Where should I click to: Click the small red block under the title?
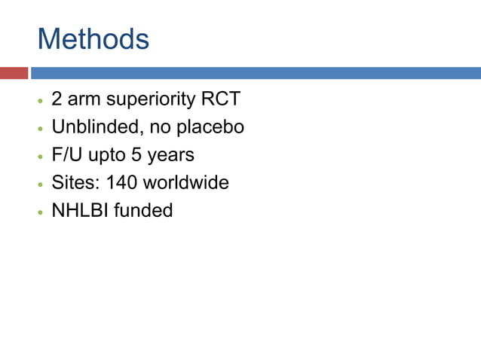tap(14, 73)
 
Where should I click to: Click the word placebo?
tap(210, 128)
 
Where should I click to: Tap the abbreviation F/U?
tap(66, 155)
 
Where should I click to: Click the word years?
tap(171, 156)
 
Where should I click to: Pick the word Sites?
tap(73, 182)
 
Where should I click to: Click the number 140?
tap(122, 182)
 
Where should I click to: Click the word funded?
tap(143, 210)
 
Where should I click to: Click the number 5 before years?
tap(136, 155)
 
